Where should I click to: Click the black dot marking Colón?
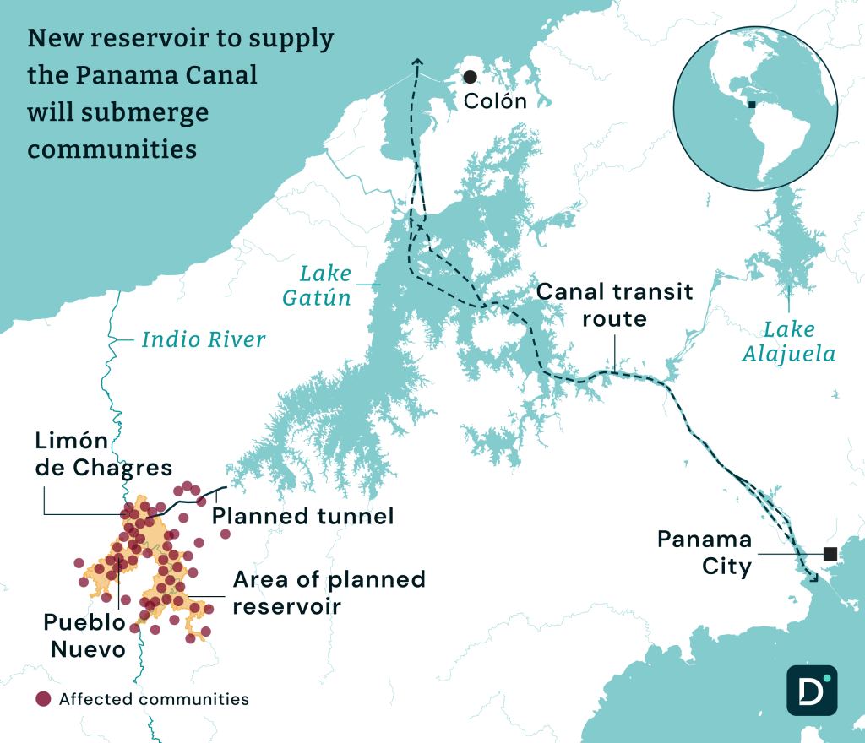tap(470, 77)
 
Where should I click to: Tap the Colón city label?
tap(495, 102)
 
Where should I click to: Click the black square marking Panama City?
tap(830, 554)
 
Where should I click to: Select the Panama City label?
tap(705, 552)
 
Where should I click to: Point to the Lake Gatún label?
tap(326, 285)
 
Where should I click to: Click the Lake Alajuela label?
tap(789, 341)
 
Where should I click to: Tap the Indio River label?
tap(204, 340)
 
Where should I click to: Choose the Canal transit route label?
tap(615, 305)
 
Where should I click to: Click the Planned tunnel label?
tap(302, 516)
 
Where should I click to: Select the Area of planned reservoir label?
tap(329, 593)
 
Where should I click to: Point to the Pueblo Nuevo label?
tap(84, 636)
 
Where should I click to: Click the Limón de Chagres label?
tap(103, 454)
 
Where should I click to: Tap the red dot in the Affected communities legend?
tap(43, 699)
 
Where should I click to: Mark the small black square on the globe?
tap(751, 106)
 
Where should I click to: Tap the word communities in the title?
tap(112, 149)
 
